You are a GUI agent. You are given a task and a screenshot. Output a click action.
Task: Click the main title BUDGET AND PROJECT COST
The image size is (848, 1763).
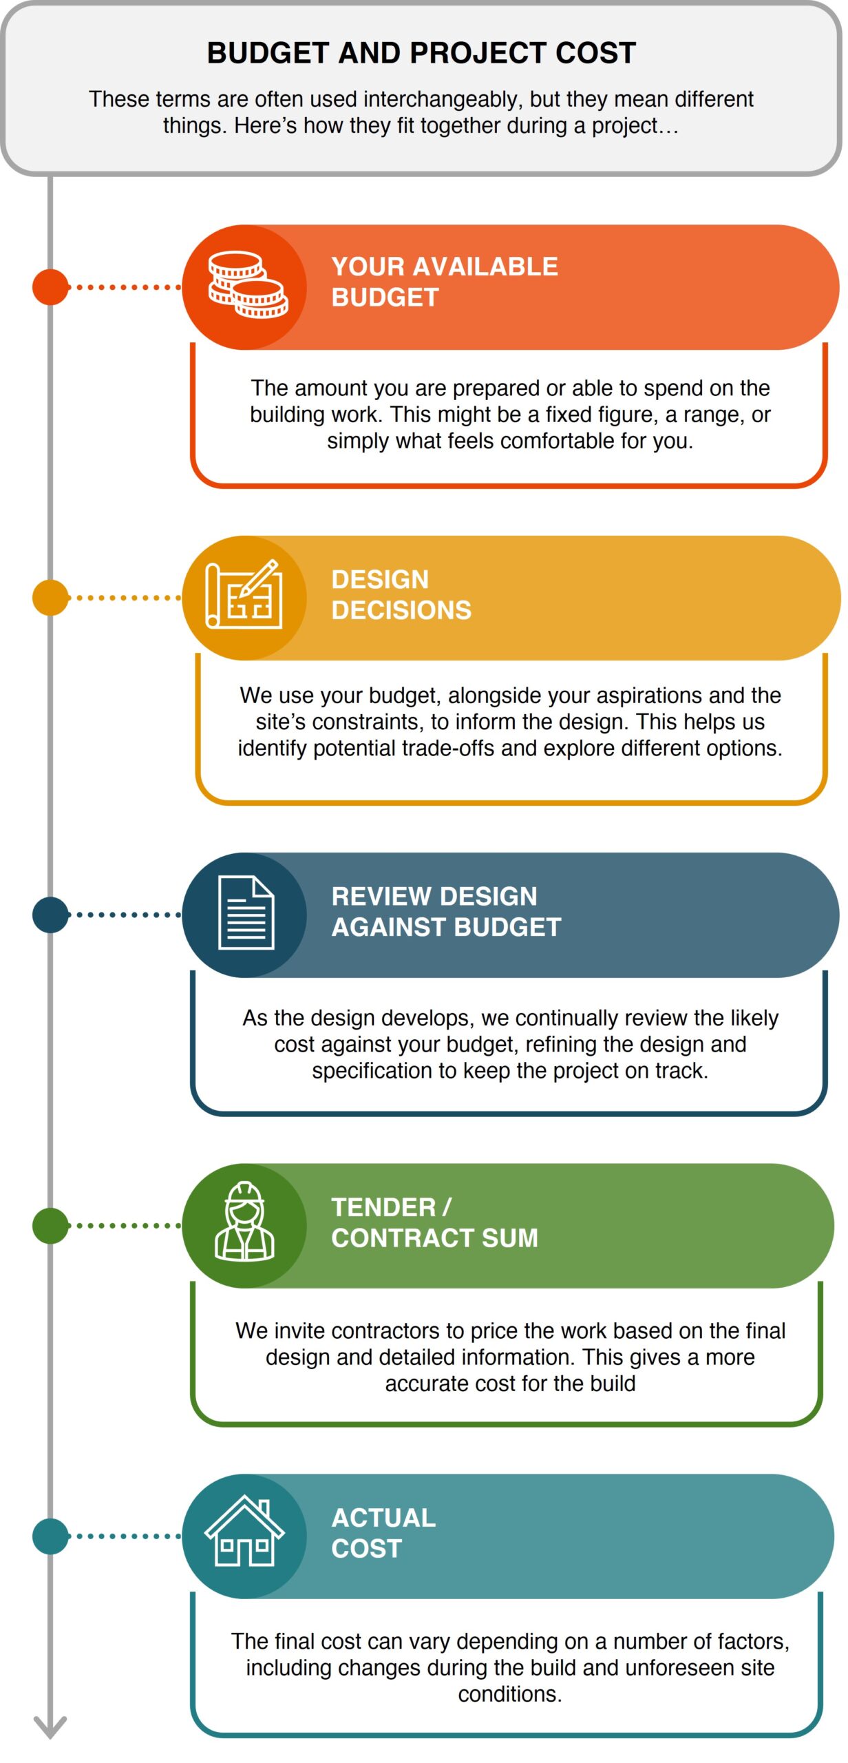pyautogui.click(x=422, y=53)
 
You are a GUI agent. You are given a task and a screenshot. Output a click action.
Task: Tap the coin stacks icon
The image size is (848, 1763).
pyautogui.click(x=248, y=285)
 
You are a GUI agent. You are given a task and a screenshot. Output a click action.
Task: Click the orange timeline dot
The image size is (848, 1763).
pyautogui.click(x=51, y=288)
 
